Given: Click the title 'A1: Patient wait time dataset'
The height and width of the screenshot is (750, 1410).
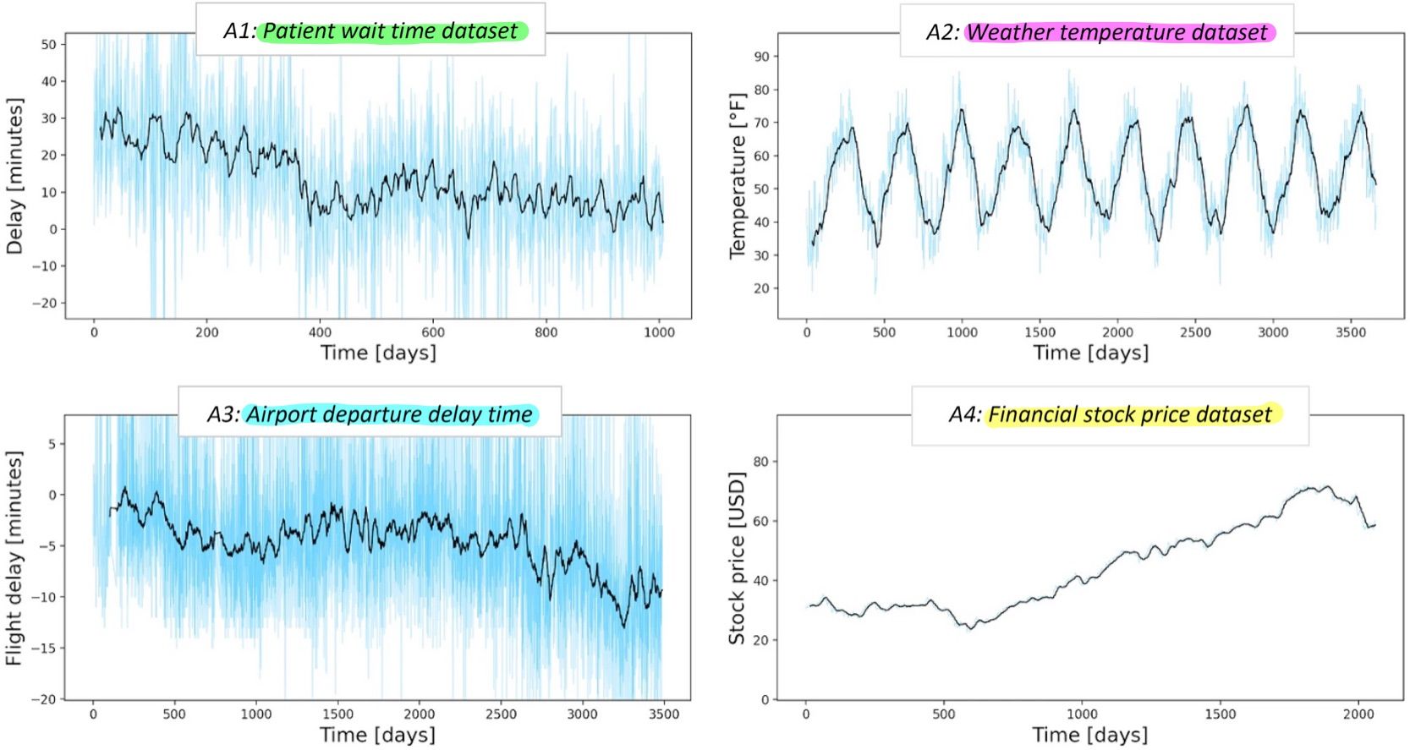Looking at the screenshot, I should [370, 31].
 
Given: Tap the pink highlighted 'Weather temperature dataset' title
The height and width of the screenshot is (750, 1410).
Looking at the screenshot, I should [1116, 32].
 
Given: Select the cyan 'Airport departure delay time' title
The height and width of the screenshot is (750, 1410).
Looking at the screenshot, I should [389, 414].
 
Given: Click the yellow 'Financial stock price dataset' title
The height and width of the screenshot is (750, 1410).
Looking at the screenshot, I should [1129, 414].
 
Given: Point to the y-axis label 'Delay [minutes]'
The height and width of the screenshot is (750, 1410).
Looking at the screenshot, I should [14, 176].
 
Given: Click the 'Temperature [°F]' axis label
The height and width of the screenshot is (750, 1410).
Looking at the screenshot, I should [738, 176].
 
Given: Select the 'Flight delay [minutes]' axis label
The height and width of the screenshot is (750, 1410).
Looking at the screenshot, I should [14, 558].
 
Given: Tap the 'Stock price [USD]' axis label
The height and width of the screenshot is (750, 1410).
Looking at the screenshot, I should [737, 558].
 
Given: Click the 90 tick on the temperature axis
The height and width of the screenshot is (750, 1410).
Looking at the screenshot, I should [761, 57].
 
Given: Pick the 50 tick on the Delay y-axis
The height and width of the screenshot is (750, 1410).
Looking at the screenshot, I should [48, 45].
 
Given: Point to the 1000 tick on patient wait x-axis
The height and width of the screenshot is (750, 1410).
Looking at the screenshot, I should [659, 332].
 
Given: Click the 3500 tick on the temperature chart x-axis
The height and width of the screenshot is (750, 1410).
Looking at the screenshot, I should [1350, 332].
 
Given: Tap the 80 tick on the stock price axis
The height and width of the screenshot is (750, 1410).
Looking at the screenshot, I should [760, 462].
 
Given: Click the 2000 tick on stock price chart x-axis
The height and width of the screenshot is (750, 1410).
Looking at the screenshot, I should [1358, 714].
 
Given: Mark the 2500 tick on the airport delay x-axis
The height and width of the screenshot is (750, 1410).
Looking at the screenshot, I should [501, 714].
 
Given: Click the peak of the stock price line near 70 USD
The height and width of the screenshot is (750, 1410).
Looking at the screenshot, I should [1325, 486].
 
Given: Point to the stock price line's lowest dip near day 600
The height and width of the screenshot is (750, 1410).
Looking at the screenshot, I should [971, 628].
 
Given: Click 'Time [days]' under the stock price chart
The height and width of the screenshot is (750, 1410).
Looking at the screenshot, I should [1089, 735].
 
